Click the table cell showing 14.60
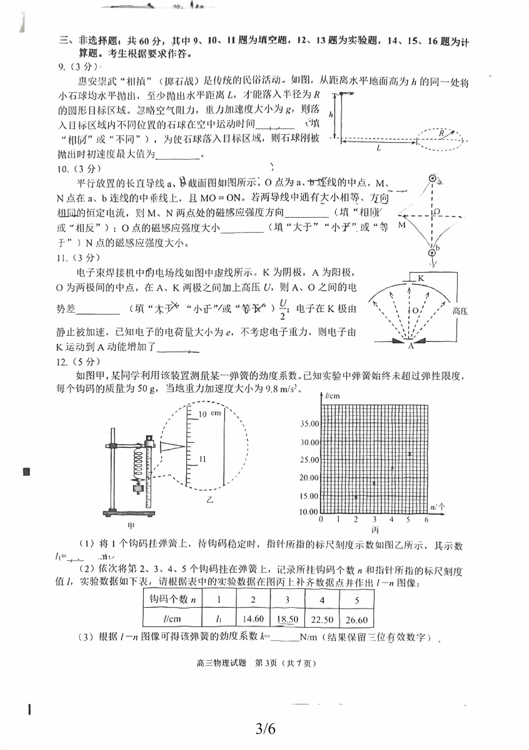(x=253, y=619)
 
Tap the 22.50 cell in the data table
(x=322, y=619)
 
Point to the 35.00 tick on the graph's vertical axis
(x=309, y=424)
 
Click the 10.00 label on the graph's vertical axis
(x=308, y=511)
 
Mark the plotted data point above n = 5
(x=410, y=454)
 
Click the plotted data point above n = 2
(x=356, y=497)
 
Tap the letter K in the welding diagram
(x=421, y=278)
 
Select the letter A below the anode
(x=411, y=346)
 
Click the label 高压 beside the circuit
(x=460, y=311)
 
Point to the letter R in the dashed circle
(x=441, y=133)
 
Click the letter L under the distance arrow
(x=379, y=148)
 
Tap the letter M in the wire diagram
(x=402, y=225)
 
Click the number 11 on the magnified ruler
(x=203, y=459)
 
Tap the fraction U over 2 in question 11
(x=283, y=309)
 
